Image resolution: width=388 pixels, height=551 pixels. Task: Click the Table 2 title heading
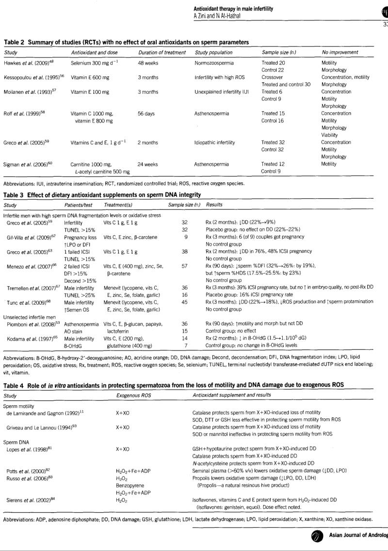click(126, 42)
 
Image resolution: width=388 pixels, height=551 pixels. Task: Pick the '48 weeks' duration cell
click(147, 63)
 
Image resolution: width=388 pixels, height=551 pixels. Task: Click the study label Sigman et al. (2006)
click(27, 164)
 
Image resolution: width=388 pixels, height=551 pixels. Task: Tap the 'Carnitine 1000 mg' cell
click(91, 164)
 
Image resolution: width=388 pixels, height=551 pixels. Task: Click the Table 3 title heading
click(102, 195)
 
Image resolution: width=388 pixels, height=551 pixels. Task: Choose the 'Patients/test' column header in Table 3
click(78, 205)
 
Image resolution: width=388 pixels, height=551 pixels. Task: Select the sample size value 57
click(184, 266)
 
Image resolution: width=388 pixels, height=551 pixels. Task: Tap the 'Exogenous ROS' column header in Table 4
click(133, 396)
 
